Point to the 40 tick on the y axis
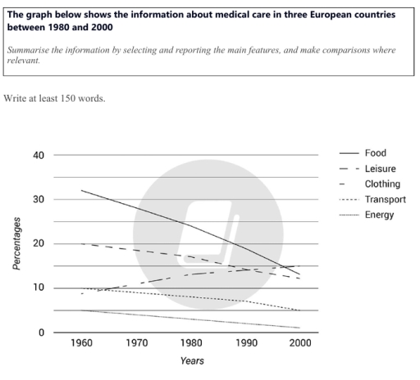coord(36,156)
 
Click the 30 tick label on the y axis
coord(36,200)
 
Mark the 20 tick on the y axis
coord(36,244)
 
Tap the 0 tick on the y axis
coord(39,332)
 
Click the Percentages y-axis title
coord(17,244)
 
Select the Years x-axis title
coord(191,360)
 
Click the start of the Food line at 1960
coord(83,191)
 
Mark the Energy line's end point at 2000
coord(299,328)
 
